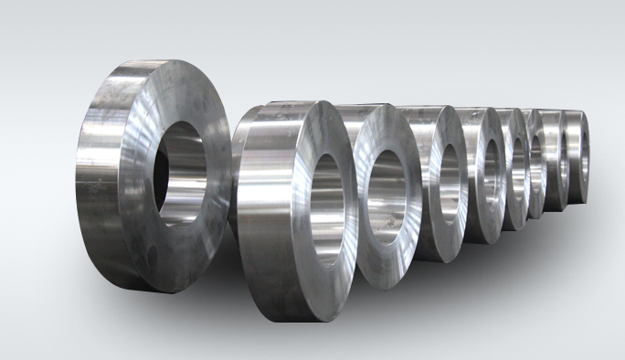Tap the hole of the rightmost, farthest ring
579,152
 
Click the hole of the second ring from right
558,156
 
